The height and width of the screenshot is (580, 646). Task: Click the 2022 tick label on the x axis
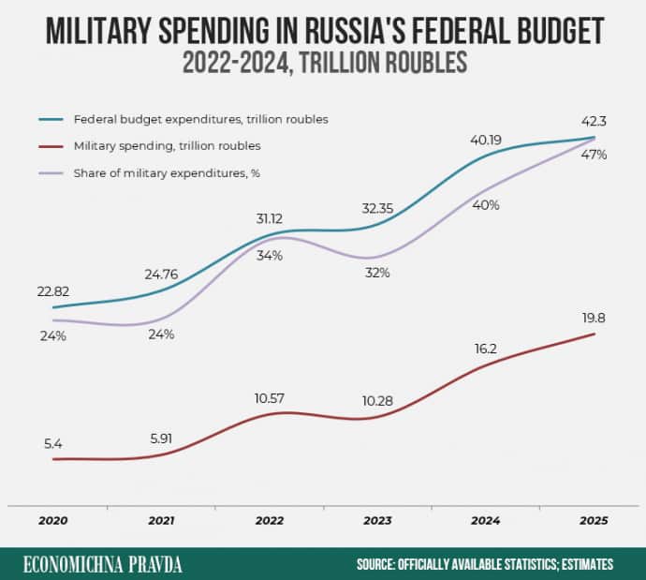(270, 521)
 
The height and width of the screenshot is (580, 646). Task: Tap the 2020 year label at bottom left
(52, 521)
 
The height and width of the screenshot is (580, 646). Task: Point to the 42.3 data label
(593, 120)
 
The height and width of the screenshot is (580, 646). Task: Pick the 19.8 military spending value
(594, 318)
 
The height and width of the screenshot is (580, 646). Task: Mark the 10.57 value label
(270, 397)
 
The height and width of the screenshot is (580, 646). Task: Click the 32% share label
(377, 273)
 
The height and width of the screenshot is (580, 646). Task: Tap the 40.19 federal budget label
(485, 140)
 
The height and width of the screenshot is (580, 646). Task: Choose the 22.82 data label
(52, 291)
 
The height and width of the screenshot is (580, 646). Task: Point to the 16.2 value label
(485, 349)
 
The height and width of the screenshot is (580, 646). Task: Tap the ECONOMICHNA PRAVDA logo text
(103, 564)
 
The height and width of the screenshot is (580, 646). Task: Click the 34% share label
(270, 257)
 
